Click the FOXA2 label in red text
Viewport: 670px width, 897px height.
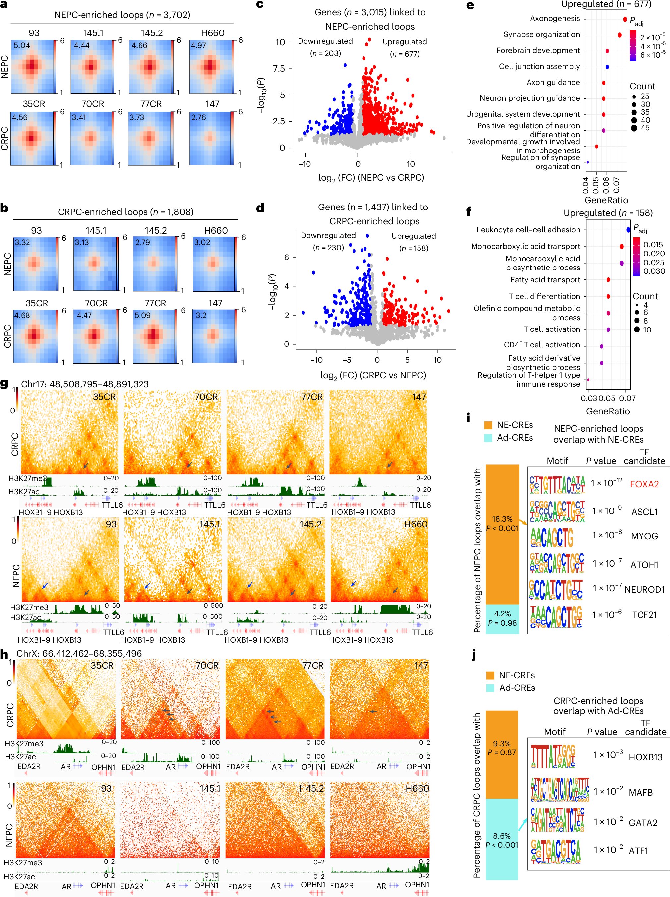[644, 484]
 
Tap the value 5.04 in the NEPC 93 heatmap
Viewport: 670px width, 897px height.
[22, 45]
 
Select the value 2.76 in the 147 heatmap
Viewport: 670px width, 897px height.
[198, 118]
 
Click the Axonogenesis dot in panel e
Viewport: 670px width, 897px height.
[625, 19]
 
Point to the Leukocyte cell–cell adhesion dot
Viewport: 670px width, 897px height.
[628, 230]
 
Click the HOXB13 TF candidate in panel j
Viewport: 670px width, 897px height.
[645, 757]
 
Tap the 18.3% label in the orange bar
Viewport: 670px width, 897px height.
[502, 519]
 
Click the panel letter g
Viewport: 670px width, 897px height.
[5, 383]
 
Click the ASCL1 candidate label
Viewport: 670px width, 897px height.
[644, 512]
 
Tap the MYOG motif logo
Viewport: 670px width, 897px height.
[552, 538]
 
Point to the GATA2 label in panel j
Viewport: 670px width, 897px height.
[643, 823]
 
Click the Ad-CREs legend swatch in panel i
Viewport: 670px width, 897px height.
[488, 438]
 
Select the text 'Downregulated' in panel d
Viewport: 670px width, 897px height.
[328, 236]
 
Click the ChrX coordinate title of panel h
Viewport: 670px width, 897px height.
[79, 653]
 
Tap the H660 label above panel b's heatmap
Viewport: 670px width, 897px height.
[216, 231]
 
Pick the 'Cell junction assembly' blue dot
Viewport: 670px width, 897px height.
[607, 67]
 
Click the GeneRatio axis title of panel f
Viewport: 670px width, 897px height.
[608, 411]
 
